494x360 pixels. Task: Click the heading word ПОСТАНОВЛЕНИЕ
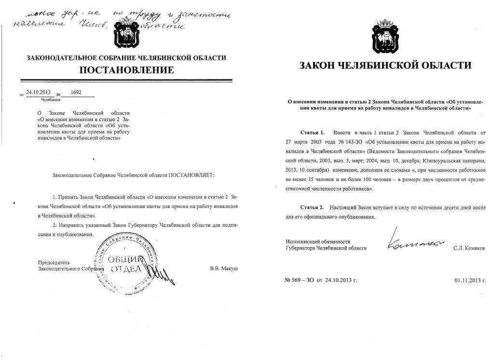click(126, 70)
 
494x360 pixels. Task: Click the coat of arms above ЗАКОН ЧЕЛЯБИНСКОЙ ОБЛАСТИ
click(384, 38)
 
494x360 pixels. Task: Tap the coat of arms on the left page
click(126, 33)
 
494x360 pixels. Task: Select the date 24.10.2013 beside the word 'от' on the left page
click(39, 92)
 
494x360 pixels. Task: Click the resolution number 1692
click(76, 92)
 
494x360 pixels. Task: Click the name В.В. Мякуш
click(224, 268)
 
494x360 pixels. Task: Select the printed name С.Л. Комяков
click(469, 248)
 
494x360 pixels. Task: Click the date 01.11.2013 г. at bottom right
click(470, 279)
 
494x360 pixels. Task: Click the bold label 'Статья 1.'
click(312, 132)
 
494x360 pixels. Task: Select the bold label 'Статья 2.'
click(312, 207)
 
